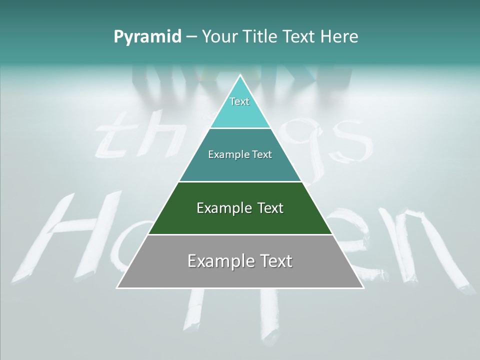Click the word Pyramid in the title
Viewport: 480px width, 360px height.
coord(147,37)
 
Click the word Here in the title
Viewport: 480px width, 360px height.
coord(339,37)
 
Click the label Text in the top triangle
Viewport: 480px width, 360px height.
coord(239,101)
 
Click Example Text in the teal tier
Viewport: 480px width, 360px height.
coord(240,154)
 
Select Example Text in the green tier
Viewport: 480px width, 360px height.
coord(240,208)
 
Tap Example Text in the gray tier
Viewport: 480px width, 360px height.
coord(240,261)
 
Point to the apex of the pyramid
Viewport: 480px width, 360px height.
coord(240,76)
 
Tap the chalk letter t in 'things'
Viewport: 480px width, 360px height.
coord(112,137)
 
